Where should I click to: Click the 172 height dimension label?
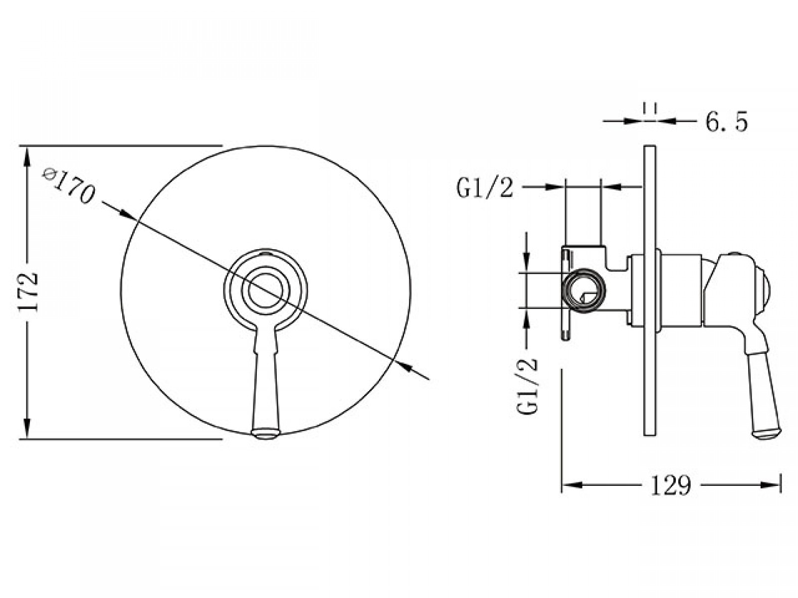tap(28, 293)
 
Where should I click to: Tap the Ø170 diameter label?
tap(69, 186)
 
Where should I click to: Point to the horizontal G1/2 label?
tap(485, 188)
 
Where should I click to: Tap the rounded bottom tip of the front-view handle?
tap(266, 434)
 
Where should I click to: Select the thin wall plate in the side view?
tap(649, 291)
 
